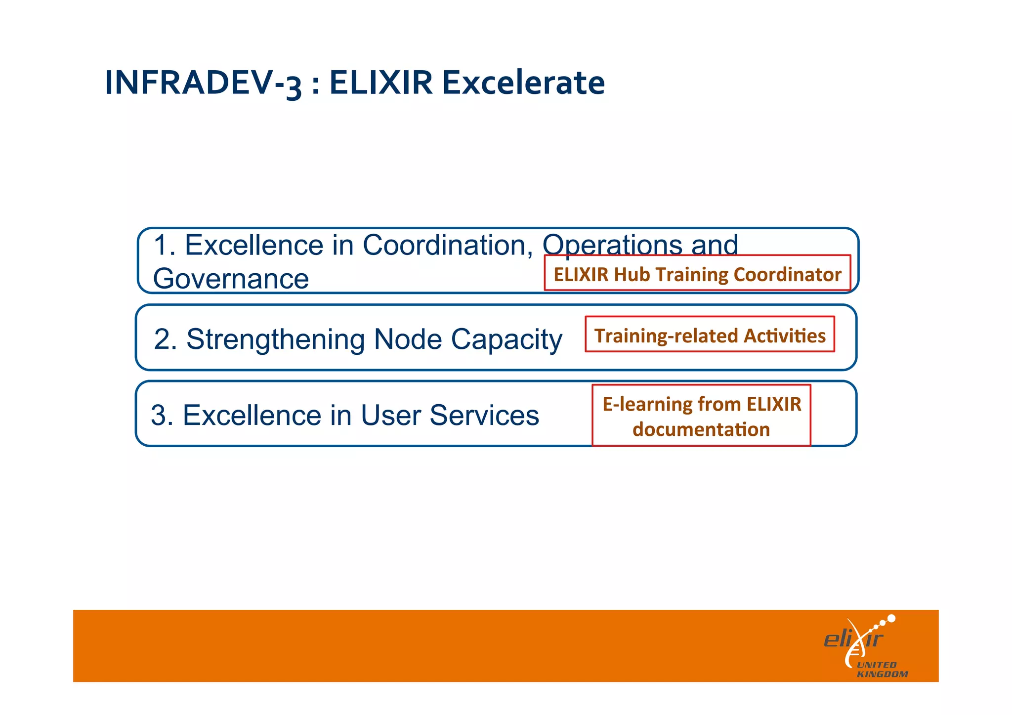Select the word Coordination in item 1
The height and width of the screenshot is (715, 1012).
tap(448, 245)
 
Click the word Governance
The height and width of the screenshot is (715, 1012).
tap(231, 279)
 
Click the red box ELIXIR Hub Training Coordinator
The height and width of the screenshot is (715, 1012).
tap(697, 273)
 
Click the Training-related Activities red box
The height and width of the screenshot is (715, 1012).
tap(710, 335)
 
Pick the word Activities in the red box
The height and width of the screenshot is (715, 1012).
tap(785, 336)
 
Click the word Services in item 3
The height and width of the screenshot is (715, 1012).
tap(484, 415)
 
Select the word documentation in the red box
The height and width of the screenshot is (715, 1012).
tap(701, 429)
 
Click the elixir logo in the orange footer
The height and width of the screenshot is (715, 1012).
tap(860, 639)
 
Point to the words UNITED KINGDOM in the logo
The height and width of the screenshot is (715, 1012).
tap(882, 670)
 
